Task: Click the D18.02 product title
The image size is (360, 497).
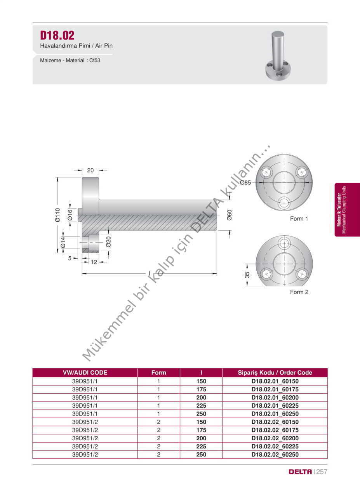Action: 57,35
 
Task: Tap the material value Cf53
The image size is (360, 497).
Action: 95,60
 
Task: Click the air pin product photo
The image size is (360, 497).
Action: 278,56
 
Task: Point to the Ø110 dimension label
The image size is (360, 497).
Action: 57,215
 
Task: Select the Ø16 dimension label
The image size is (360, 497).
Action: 70,215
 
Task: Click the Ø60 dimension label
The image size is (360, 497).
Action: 230,215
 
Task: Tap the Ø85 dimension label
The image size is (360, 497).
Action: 245,182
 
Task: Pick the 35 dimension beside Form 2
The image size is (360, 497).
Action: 247,275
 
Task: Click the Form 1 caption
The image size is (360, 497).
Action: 299,219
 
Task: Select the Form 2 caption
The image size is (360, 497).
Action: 299,292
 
